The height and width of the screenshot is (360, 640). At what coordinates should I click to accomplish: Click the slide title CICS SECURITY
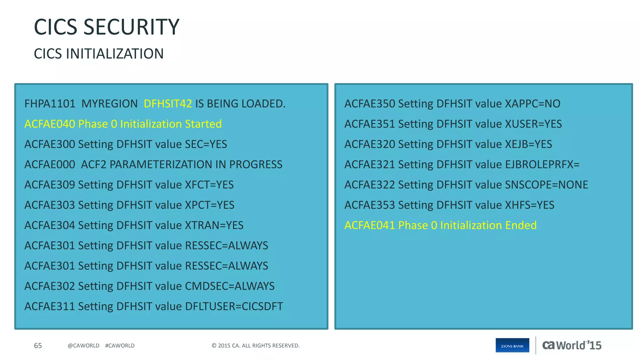[106, 27]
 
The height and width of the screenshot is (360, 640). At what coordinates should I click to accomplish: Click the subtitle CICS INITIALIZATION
[98, 54]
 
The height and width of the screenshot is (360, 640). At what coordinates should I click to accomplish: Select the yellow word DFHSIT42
[168, 104]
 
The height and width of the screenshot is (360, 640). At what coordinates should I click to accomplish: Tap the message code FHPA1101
[50, 104]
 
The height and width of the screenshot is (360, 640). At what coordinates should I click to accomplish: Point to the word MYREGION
[109, 104]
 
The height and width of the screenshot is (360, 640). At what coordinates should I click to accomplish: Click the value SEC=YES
[206, 144]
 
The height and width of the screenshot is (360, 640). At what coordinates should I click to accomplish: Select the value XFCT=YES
[209, 185]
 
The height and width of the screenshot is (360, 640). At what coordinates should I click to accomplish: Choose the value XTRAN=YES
[214, 225]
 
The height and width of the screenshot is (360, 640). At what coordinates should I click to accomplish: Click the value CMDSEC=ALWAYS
[230, 286]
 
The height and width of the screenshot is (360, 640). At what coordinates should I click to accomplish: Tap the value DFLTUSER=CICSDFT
[234, 307]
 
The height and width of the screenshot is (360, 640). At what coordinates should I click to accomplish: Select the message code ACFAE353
[370, 205]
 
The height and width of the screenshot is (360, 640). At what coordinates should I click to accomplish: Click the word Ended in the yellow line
[521, 225]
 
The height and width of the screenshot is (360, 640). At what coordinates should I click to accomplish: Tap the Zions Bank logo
[512, 345]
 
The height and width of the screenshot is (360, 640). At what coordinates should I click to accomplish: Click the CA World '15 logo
[572, 345]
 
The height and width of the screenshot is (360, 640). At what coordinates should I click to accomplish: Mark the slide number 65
[38, 346]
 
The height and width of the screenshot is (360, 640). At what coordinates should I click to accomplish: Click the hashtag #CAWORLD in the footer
[120, 346]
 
